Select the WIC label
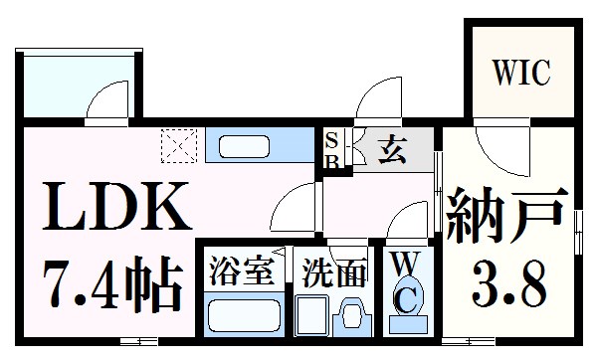point(520,74)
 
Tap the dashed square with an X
point(178,145)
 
